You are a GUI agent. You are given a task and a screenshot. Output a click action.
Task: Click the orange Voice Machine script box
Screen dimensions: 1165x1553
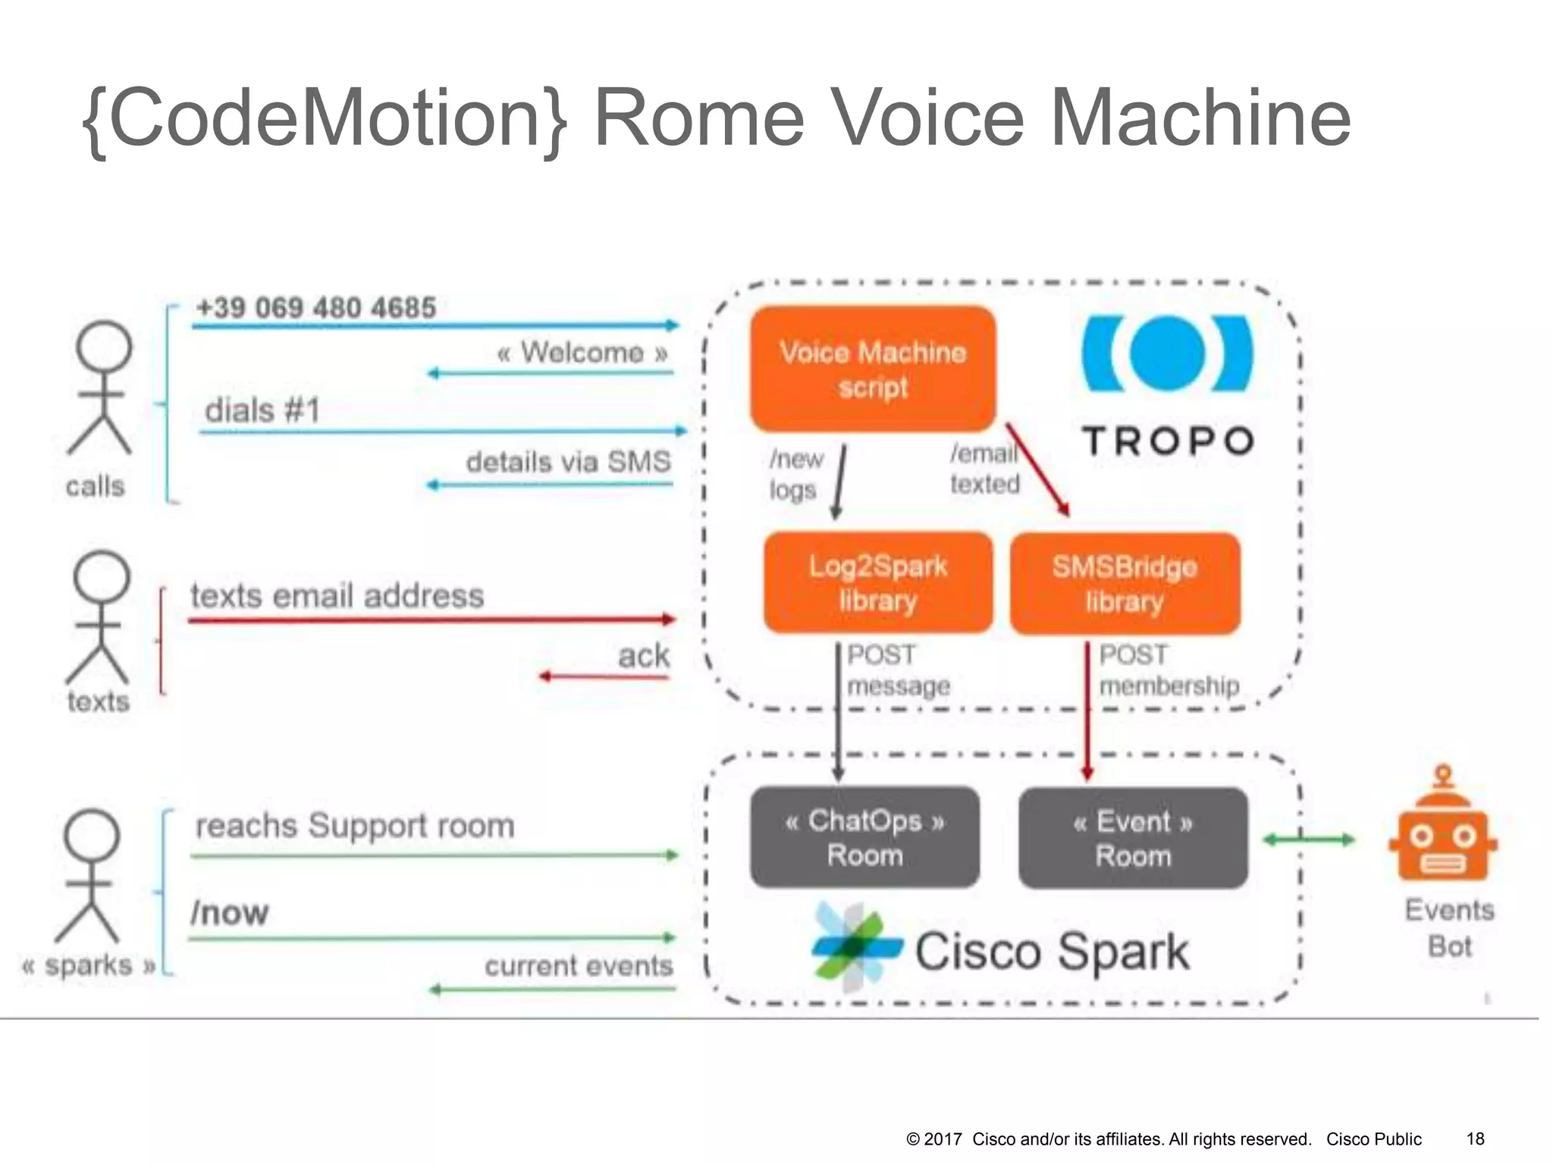pyautogui.click(x=872, y=369)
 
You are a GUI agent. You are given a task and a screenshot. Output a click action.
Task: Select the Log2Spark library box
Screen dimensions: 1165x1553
pyautogui.click(x=877, y=582)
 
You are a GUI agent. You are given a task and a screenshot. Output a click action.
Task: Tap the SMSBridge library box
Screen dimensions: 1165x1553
pyautogui.click(x=1125, y=583)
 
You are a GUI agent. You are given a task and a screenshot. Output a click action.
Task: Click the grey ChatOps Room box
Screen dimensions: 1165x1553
pyautogui.click(x=864, y=837)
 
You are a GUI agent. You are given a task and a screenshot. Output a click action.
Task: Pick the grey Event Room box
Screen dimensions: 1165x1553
pyautogui.click(x=1133, y=838)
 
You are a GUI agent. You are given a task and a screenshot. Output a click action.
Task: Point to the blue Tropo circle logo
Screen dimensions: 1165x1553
pyautogui.click(x=1168, y=354)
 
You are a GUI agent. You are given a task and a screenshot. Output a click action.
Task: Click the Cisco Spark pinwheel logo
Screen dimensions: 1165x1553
pyautogui.click(x=856, y=947)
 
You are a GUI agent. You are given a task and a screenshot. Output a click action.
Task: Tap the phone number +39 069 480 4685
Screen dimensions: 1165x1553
pyautogui.click(x=316, y=308)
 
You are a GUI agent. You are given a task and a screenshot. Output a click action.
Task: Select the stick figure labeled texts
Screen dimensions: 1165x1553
pyautogui.click(x=99, y=617)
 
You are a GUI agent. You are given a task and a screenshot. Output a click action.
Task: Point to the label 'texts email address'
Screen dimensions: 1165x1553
pyautogui.click(x=337, y=596)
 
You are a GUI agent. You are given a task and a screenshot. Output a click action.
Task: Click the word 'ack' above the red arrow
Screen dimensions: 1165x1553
pyautogui.click(x=643, y=655)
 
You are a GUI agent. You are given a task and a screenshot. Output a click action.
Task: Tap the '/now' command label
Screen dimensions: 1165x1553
pyautogui.click(x=230, y=912)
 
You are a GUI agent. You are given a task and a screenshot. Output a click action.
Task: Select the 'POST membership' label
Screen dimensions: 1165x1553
pyautogui.click(x=1168, y=670)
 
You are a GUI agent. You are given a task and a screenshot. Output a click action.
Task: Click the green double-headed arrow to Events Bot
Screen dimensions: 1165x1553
pyautogui.click(x=1309, y=839)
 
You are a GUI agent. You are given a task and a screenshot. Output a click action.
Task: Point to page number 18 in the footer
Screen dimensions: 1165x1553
pyautogui.click(x=1475, y=1138)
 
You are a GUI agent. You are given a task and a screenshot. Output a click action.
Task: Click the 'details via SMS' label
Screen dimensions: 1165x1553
pyautogui.click(x=568, y=462)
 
